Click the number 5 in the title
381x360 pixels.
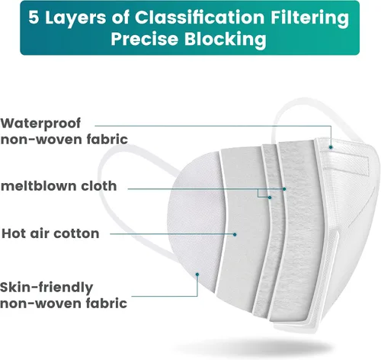click(34, 18)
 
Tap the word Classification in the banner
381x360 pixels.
click(200, 18)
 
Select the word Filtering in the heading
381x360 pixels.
click(309, 18)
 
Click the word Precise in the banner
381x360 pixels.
click(144, 39)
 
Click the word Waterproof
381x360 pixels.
click(40, 124)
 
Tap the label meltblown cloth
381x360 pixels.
click(59, 186)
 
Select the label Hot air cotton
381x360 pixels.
click(50, 233)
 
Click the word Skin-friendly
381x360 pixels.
click(46, 288)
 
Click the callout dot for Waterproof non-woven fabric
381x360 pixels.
click(331, 147)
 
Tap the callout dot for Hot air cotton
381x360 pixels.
click(235, 234)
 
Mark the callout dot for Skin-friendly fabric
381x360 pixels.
click(197, 275)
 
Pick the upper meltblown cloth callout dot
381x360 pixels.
click(284, 189)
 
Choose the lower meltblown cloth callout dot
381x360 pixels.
click(270, 198)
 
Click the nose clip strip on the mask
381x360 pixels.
click(344, 162)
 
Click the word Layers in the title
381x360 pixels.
click(75, 18)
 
